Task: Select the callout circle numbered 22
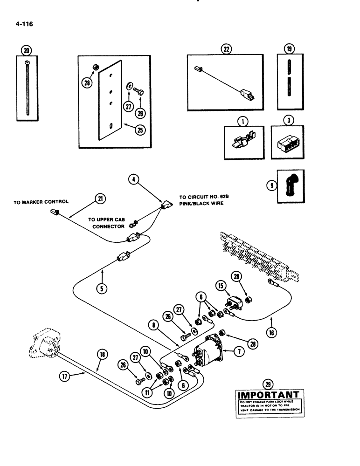point(227,49)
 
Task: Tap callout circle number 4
point(132,178)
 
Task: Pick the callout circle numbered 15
point(220,285)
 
